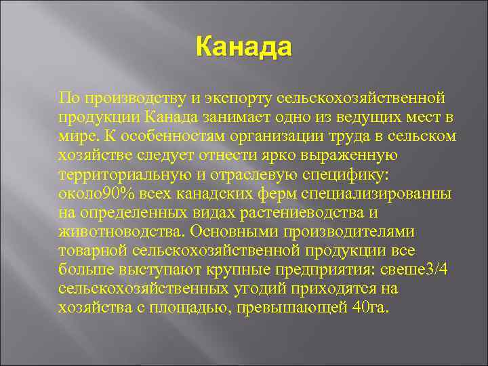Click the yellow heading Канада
coord(243,48)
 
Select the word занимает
coord(228,117)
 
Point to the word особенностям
coord(155,136)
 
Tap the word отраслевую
coord(245,175)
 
